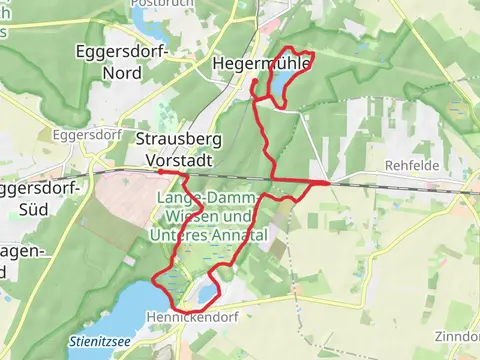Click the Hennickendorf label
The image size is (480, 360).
(190, 316)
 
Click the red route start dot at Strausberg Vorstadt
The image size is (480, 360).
(160, 172)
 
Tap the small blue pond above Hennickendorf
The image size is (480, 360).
(206, 293)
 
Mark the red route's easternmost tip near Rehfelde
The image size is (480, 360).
(329, 183)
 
